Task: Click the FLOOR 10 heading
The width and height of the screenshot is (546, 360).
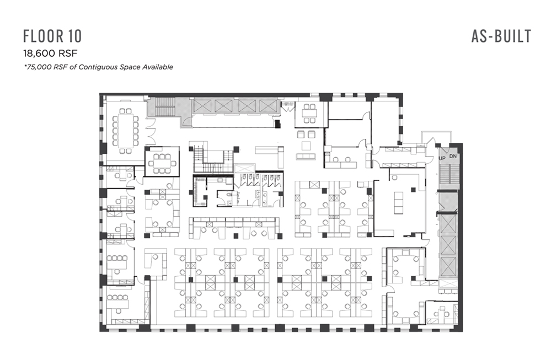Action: (x=52, y=36)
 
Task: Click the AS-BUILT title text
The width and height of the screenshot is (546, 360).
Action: (x=501, y=36)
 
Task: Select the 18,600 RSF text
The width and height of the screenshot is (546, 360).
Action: (x=50, y=53)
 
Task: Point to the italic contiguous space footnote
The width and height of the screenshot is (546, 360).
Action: (x=98, y=67)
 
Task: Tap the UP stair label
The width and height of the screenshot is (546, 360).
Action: (x=442, y=158)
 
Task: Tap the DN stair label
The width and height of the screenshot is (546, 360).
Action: (x=453, y=157)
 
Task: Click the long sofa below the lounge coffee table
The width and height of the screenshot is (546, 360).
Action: (x=306, y=156)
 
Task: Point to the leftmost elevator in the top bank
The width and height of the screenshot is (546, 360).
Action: (x=202, y=106)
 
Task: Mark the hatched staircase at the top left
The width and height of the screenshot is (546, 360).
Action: (x=165, y=106)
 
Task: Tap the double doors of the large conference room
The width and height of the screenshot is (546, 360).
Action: (x=151, y=132)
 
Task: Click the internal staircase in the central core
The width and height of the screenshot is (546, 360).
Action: (x=213, y=161)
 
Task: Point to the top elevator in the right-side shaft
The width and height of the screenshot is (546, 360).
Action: (x=448, y=224)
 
